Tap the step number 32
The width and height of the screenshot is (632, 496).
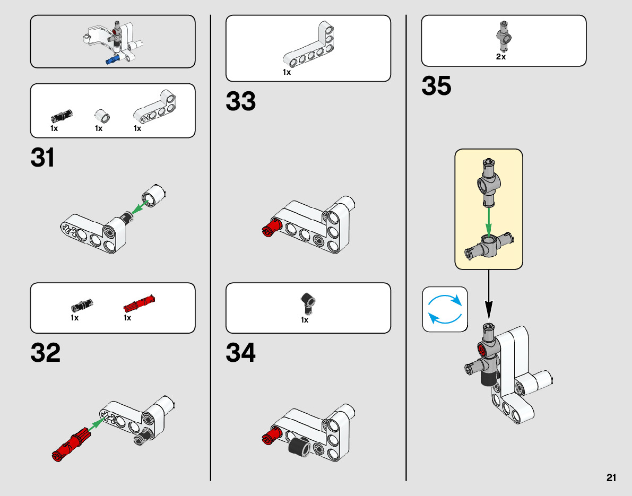point(46,354)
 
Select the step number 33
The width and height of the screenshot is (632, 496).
point(241,101)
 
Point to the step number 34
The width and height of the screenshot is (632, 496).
point(241,353)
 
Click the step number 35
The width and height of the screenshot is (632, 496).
point(436,86)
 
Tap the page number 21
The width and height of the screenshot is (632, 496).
point(611,477)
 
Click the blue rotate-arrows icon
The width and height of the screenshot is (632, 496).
point(445,309)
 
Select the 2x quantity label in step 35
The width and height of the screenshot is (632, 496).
point(501,57)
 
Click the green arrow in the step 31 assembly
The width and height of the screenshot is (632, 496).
point(139,208)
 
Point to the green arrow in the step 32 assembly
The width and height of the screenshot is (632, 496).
point(95,423)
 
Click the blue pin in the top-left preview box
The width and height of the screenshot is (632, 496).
point(112,60)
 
